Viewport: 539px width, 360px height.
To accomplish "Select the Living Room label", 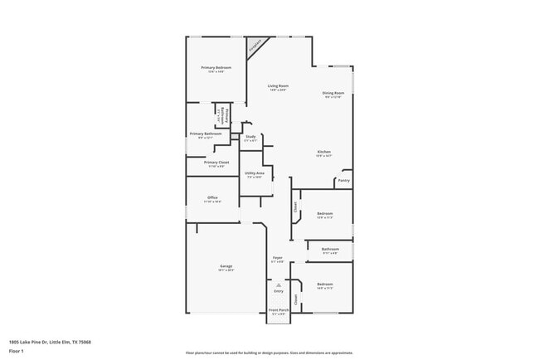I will pos(278,86).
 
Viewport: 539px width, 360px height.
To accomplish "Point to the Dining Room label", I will pos(333,93).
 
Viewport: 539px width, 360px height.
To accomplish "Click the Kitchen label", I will pos(324,152).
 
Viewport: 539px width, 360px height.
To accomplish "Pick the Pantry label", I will pos(343,180).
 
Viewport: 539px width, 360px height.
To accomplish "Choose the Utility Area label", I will pos(254,173).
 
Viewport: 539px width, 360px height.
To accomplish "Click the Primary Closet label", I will pos(216,163).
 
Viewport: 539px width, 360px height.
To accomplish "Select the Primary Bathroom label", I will pos(205,134).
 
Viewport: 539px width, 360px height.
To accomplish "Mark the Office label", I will pos(212,197).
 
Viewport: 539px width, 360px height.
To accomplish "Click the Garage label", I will pos(226,266).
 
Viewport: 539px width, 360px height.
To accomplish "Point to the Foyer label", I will pos(278,258).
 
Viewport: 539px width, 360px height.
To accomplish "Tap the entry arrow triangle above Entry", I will pos(279,285).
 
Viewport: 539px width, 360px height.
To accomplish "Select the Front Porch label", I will pos(279,310).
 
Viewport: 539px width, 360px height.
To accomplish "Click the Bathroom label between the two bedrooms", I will pos(330,249).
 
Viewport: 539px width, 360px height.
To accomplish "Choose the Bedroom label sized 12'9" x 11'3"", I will pos(324,214).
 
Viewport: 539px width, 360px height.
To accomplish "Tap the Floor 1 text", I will pos(17,351).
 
